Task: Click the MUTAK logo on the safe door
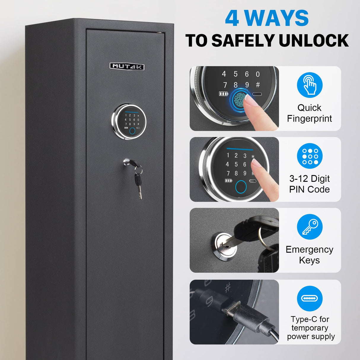pyautogui.click(x=127, y=66)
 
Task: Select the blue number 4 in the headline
pyautogui.click(x=232, y=18)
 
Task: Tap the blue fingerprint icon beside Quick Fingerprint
pyautogui.click(x=310, y=85)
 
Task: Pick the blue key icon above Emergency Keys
pyautogui.click(x=310, y=227)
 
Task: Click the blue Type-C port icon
pyautogui.click(x=310, y=298)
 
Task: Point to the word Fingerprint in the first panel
pyautogui.click(x=310, y=119)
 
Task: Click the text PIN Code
pyautogui.click(x=310, y=189)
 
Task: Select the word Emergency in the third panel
pyautogui.click(x=310, y=250)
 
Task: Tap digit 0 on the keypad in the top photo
pyautogui.click(x=258, y=74)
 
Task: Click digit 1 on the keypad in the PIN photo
pyautogui.click(x=228, y=155)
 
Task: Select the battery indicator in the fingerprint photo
pyautogui.click(x=223, y=94)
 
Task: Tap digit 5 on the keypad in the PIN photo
pyautogui.click(x=236, y=164)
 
